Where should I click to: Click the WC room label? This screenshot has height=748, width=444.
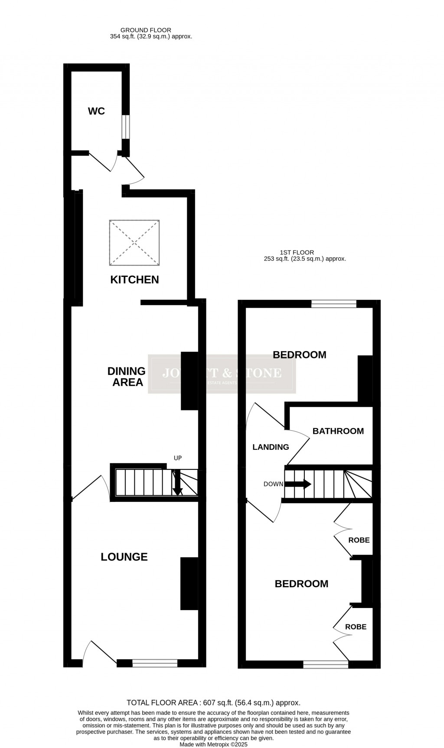pos(96,111)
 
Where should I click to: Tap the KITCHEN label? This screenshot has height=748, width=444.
pos(134,280)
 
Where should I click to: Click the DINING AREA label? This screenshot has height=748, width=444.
pos(127,376)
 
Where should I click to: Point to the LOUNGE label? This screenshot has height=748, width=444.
pos(124,557)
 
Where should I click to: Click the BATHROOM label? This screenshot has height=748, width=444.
pos(338,431)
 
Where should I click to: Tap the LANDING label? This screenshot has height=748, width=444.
pos(271,447)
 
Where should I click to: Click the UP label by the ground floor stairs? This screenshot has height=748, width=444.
pos(178,458)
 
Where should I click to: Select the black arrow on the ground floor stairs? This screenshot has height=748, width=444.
pos(177,484)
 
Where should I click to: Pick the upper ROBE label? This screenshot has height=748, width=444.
pos(359,540)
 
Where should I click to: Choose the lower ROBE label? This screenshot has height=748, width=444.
pos(356,627)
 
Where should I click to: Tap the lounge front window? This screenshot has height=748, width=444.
pos(155,663)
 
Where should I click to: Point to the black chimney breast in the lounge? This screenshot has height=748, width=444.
pos(189,583)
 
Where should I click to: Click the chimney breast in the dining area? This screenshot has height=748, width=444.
pos(189,381)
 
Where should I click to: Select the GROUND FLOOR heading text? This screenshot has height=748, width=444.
pos(146,30)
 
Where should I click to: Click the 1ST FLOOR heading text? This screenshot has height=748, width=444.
pos(297,252)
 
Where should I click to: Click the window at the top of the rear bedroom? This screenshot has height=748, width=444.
pos(334,304)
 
